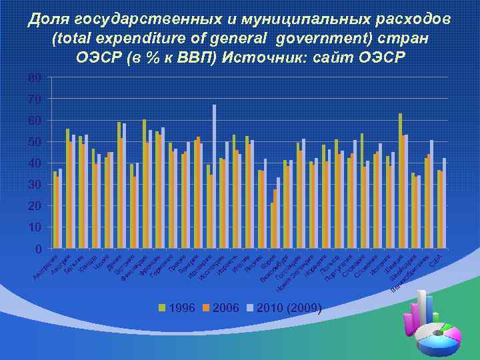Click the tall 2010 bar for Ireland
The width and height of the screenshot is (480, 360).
(x=215, y=175)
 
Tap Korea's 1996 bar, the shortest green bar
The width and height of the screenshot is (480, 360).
(x=272, y=225)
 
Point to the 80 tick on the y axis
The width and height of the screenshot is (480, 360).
(x=35, y=78)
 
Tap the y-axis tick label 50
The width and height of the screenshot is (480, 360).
(x=35, y=142)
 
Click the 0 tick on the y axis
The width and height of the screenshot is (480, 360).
(x=38, y=249)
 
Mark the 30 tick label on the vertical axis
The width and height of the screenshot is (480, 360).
(x=35, y=185)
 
